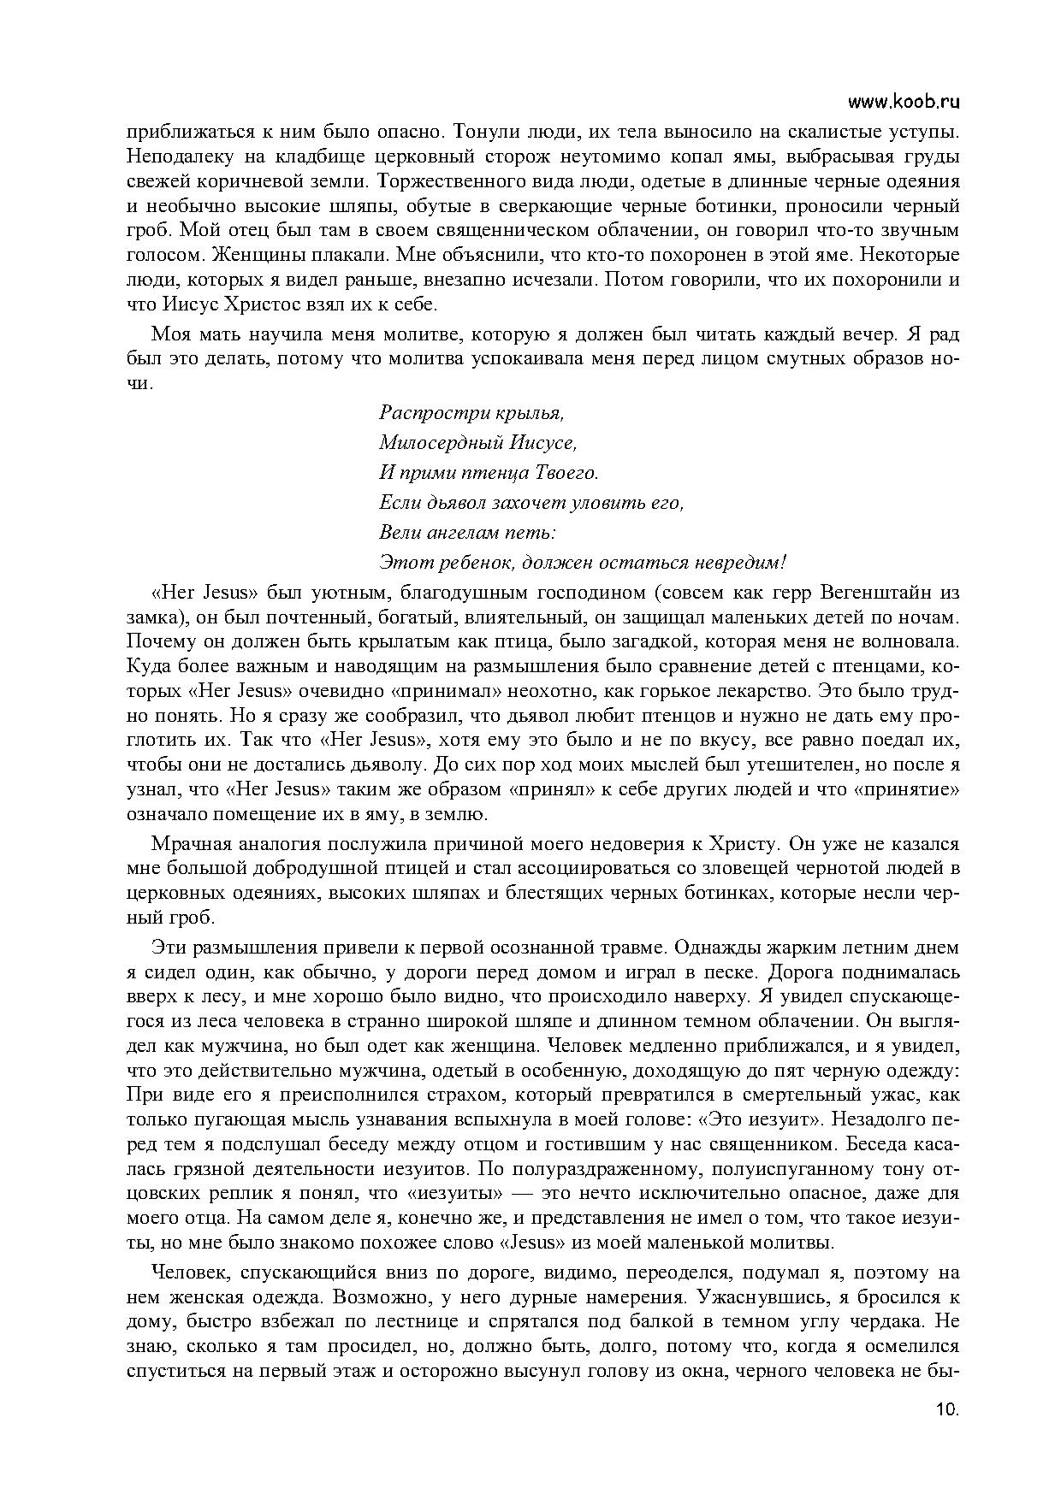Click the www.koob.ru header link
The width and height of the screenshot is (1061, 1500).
click(x=903, y=102)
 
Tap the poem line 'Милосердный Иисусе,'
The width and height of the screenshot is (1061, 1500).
click(x=477, y=443)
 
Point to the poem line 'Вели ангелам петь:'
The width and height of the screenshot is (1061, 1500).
click(x=467, y=533)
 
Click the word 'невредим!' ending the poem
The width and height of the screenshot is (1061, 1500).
click(x=743, y=563)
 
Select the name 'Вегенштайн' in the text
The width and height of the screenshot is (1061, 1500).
click(x=871, y=593)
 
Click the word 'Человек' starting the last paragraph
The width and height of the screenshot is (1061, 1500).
click(x=187, y=1273)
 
